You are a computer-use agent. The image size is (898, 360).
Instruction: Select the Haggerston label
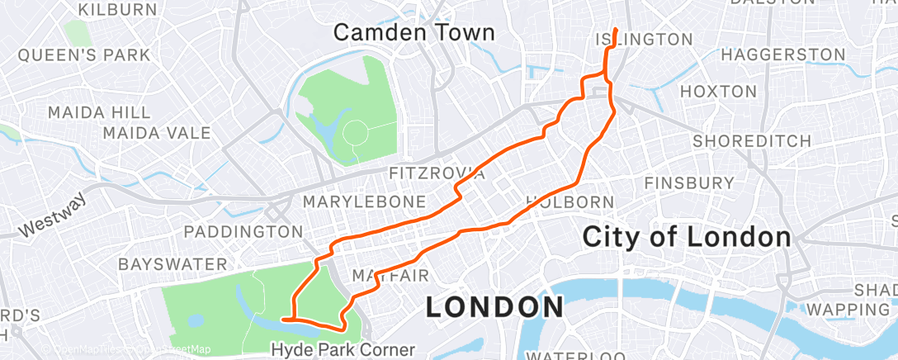782,55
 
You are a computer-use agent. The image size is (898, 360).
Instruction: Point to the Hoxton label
720,91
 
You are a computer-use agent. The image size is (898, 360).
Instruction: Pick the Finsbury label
689,182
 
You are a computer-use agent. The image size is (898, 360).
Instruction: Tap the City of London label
687,236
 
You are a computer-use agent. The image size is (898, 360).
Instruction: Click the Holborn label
570,201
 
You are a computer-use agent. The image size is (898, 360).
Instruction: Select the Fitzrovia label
437,173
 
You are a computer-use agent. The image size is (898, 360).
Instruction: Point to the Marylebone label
365,201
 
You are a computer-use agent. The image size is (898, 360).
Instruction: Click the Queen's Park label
83,55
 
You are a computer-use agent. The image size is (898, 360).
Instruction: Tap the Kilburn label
120,10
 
